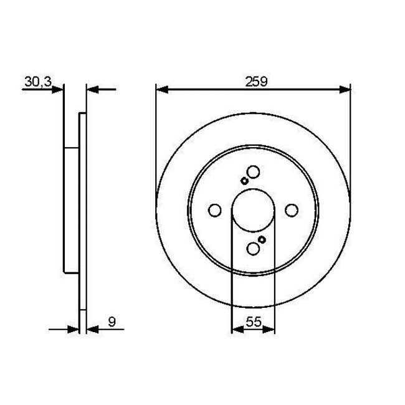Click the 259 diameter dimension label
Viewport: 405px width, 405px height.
click(x=253, y=80)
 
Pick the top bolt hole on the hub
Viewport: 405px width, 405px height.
click(x=253, y=172)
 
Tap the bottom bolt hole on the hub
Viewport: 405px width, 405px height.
click(x=253, y=249)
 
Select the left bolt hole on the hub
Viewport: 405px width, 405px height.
click(x=214, y=211)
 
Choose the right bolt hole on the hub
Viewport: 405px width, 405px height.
click(x=292, y=211)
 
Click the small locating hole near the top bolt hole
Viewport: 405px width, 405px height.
click(x=244, y=181)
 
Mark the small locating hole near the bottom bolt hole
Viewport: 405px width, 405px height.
click(x=262, y=240)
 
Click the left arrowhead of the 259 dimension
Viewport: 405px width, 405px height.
click(x=161, y=90)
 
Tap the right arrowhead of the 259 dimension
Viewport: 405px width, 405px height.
click(x=345, y=90)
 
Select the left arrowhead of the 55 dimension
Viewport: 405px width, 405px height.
click(x=236, y=330)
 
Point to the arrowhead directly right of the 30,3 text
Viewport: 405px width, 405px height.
click(x=59, y=90)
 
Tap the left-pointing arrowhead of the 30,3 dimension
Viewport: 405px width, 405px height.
click(x=91, y=90)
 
